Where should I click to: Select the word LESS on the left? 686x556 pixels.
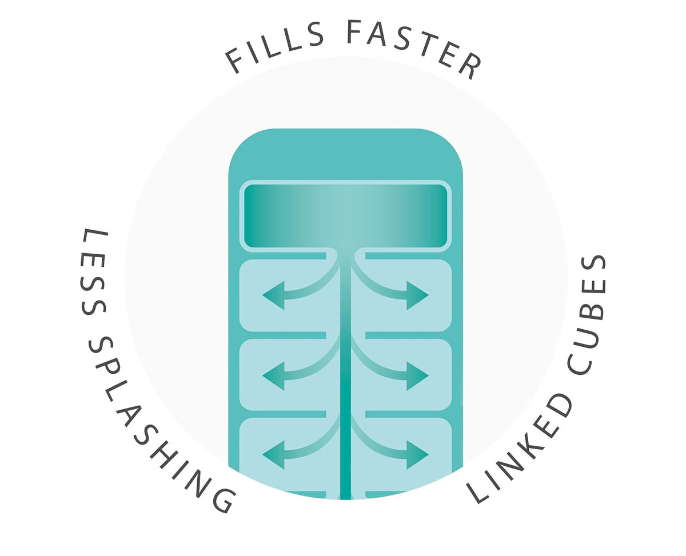tap(93, 273)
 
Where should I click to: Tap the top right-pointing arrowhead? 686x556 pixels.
tap(418, 295)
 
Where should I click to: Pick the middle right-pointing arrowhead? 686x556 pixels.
tap(418, 375)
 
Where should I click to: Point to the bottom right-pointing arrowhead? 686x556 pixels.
tap(418, 455)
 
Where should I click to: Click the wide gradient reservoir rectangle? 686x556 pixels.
tap(346, 216)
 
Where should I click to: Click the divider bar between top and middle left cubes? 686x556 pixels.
tap(283, 335)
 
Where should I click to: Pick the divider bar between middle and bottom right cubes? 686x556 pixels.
tap(408, 414)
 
